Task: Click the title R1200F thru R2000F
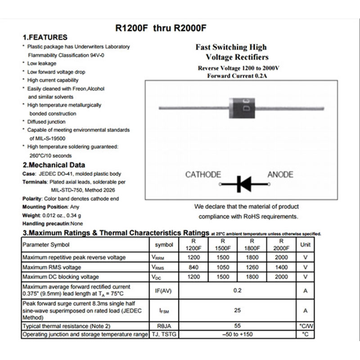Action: pos(161,27)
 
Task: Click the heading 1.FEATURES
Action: pos(45,37)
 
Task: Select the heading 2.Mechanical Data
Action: pos(54,165)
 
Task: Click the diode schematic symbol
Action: pos(242,184)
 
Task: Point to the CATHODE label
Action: pos(203,175)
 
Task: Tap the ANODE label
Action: pos(280,175)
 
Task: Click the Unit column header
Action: pos(305,244)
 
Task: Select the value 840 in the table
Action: pos(193,267)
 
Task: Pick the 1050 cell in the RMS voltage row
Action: pos(223,267)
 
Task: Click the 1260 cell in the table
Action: pos(252,267)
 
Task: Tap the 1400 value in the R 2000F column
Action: pos(281,267)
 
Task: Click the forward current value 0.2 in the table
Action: pos(238,291)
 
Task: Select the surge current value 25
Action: pos(238,310)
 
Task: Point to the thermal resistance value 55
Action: pos(238,325)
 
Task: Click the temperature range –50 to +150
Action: pos(238,334)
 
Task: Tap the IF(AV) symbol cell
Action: pos(164,291)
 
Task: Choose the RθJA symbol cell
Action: pos(164,325)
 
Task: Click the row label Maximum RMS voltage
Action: pos(51,267)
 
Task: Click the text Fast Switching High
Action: pos(231,47)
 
